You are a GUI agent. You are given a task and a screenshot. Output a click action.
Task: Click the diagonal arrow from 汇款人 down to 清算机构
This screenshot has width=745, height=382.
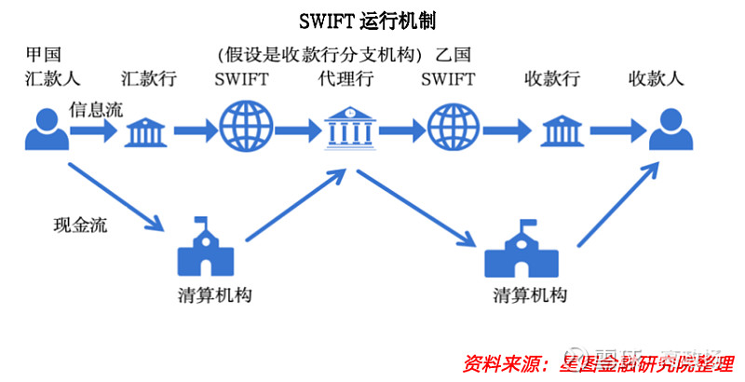click(x=115, y=195)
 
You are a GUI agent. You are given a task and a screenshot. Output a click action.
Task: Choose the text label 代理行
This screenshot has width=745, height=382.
click(x=345, y=79)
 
